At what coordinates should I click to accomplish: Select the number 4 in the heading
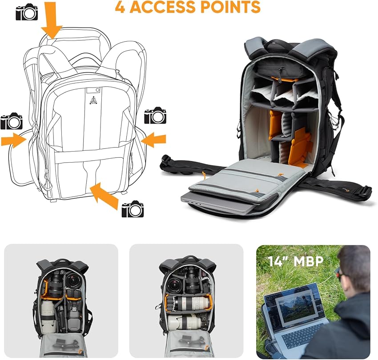click(x=120, y=7)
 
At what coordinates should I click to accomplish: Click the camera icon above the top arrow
click(x=27, y=13)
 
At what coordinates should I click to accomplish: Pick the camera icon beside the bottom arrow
click(x=133, y=209)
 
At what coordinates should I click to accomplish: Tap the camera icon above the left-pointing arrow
click(x=155, y=116)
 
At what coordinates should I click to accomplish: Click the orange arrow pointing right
click(x=13, y=141)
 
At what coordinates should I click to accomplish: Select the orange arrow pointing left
click(x=153, y=140)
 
